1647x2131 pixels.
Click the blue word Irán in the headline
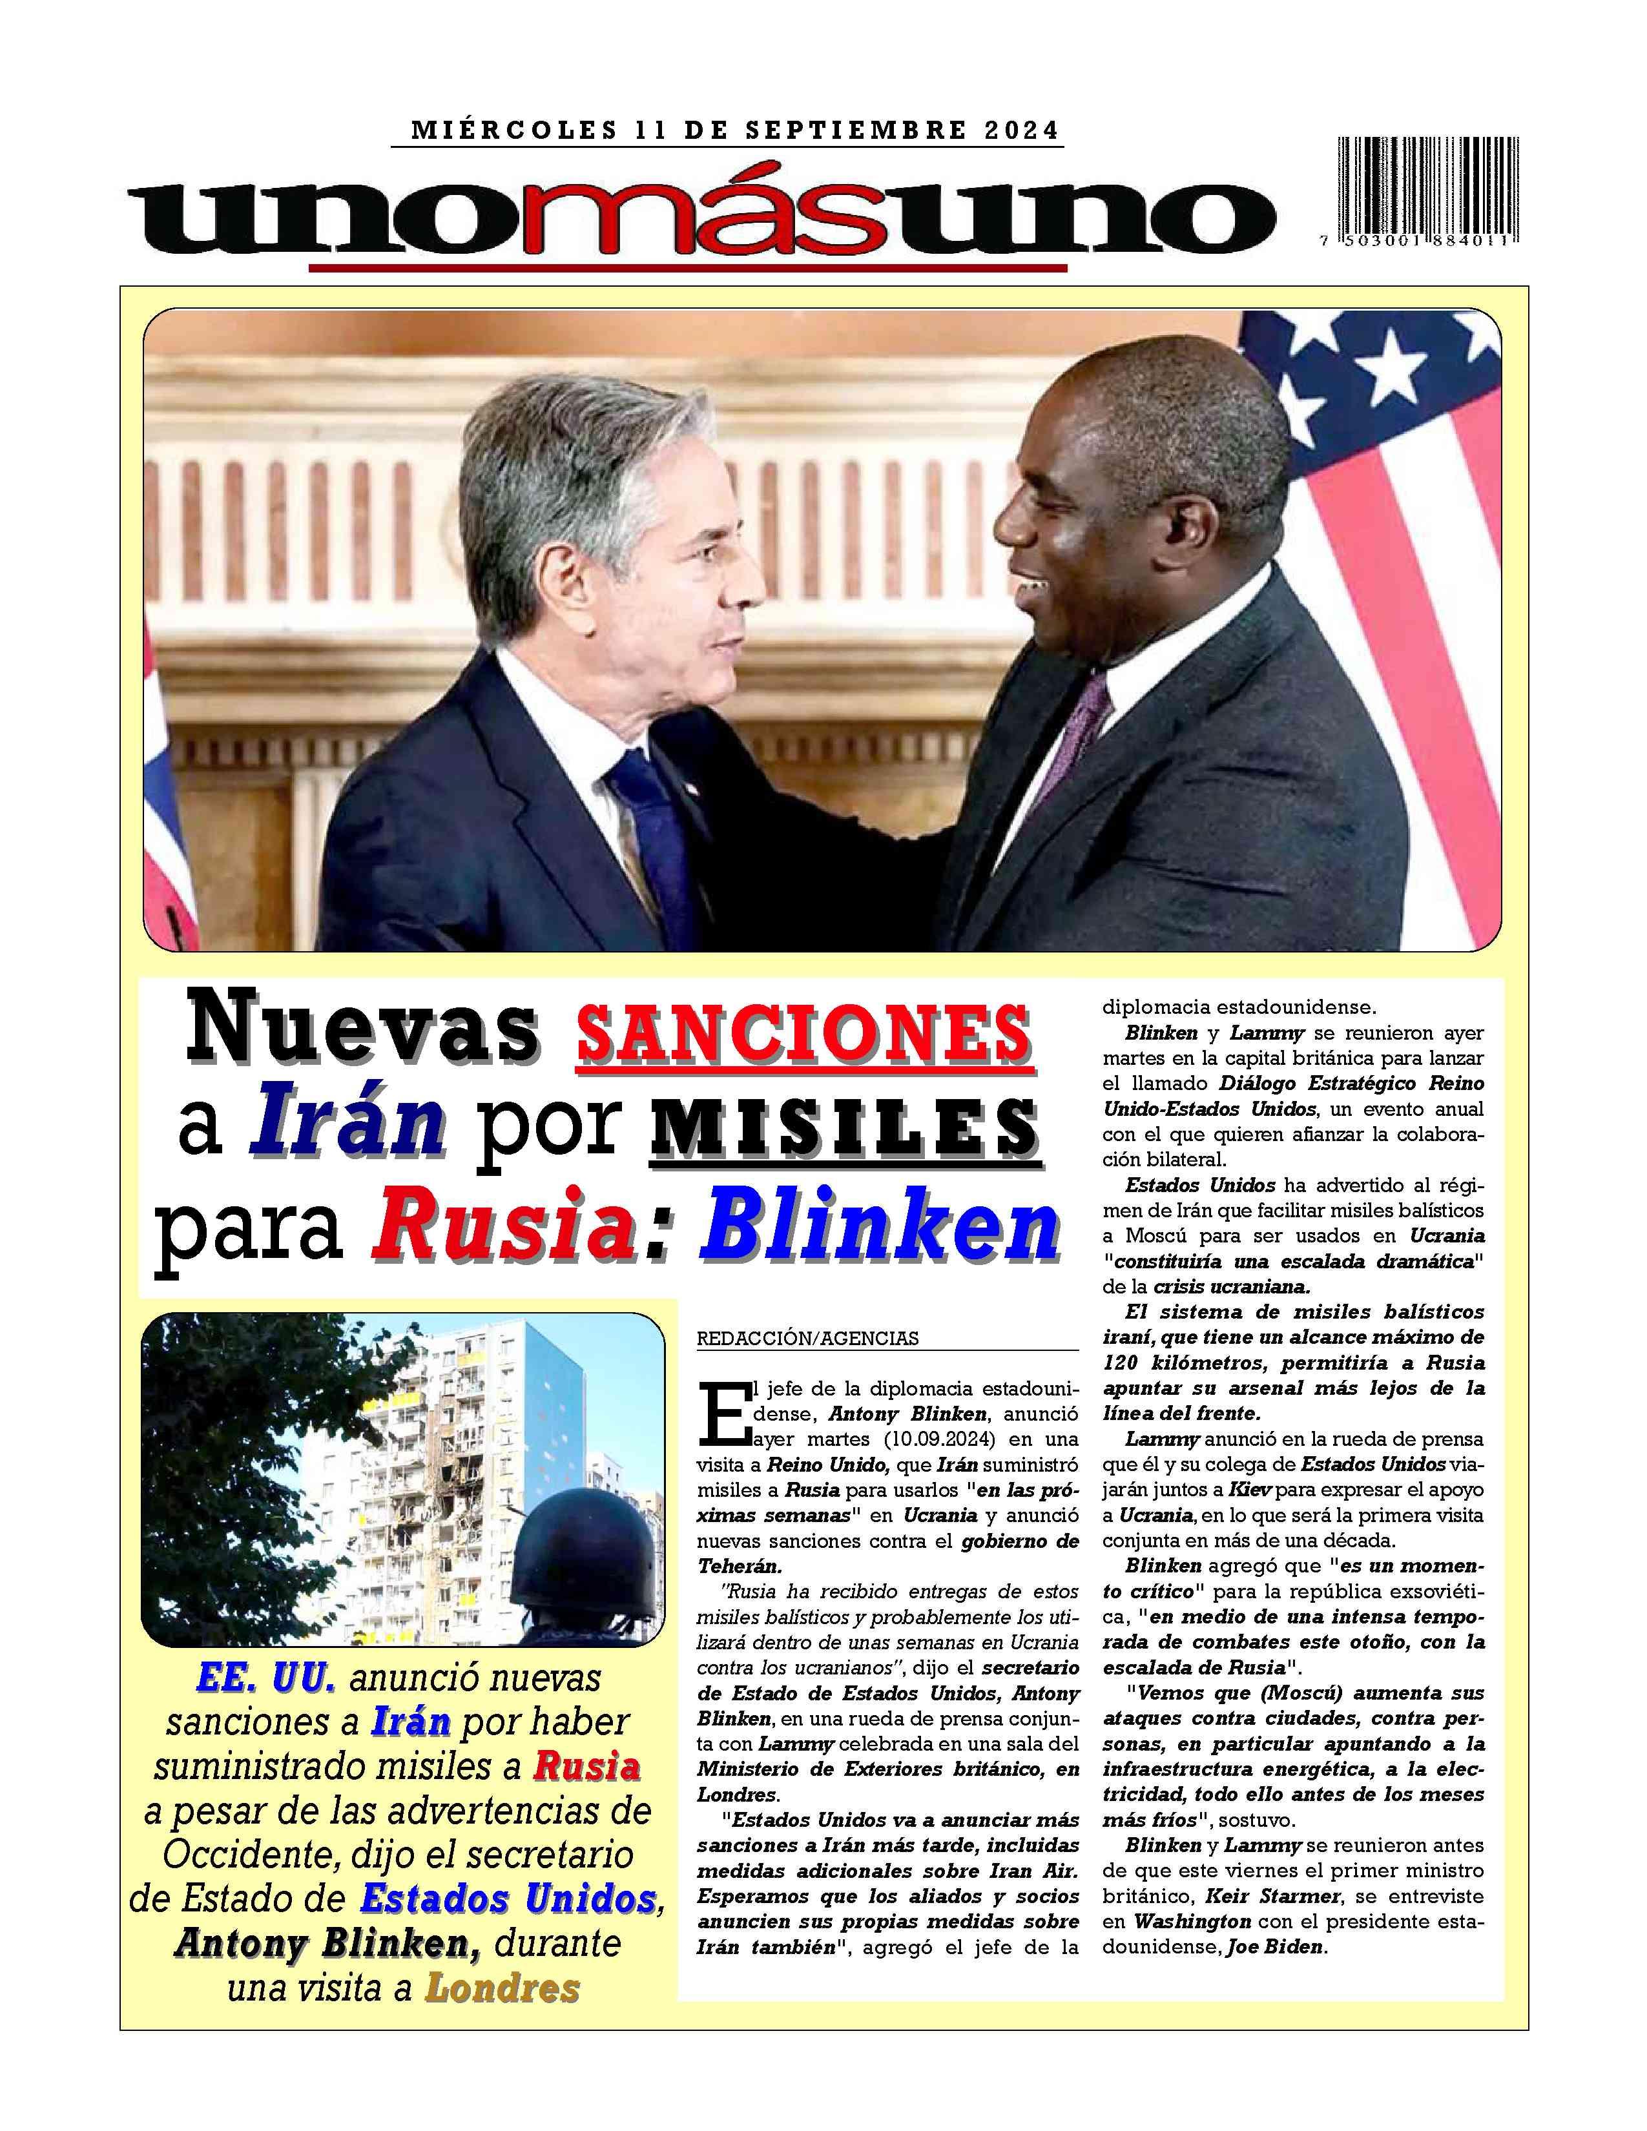tap(346, 1129)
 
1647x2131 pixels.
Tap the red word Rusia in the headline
tap(499, 1226)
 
